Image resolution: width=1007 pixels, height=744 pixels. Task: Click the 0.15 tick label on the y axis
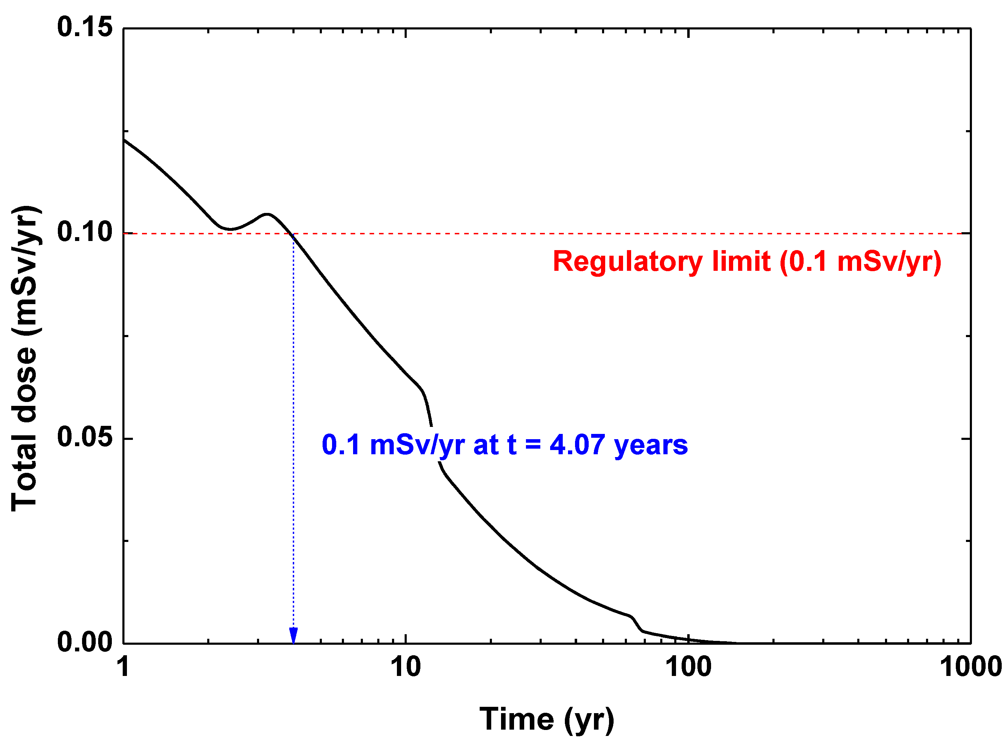tap(84, 27)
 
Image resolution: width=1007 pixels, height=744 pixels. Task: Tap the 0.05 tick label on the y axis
tap(84, 438)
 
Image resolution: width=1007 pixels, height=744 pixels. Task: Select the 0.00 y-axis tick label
tap(84, 643)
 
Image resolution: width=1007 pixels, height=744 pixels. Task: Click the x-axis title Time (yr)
tap(547, 719)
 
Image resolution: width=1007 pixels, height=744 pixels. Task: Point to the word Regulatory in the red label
tap(627, 261)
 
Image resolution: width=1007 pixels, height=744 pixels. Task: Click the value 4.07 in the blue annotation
tap(577, 445)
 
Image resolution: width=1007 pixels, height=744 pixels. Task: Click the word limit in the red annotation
tap(741, 261)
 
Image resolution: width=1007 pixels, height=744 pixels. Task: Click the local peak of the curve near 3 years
tap(268, 214)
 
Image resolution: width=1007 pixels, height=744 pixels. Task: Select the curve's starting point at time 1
tap(124, 140)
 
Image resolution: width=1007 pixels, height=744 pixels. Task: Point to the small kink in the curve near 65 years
tap(632, 617)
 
